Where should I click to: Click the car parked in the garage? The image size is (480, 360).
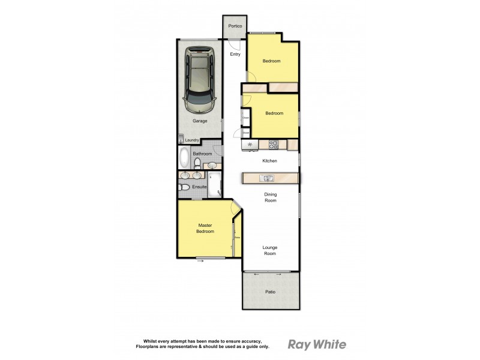(x=200, y=82)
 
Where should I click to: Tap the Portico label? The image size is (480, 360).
(x=235, y=26)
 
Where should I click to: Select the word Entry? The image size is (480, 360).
(x=235, y=55)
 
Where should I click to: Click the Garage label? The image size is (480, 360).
(x=200, y=121)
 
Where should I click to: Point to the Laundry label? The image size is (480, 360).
(x=192, y=140)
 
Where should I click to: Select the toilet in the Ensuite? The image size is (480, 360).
(x=184, y=188)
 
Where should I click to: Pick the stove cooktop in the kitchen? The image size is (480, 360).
(x=273, y=144)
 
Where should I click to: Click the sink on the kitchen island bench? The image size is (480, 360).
(x=266, y=178)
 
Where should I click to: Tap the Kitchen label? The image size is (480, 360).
(x=269, y=161)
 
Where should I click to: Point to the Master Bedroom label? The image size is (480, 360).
(x=206, y=229)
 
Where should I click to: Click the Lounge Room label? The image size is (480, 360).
(x=270, y=250)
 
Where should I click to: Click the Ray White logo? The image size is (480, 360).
(x=317, y=344)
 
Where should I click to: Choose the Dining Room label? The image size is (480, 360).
(x=270, y=197)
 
